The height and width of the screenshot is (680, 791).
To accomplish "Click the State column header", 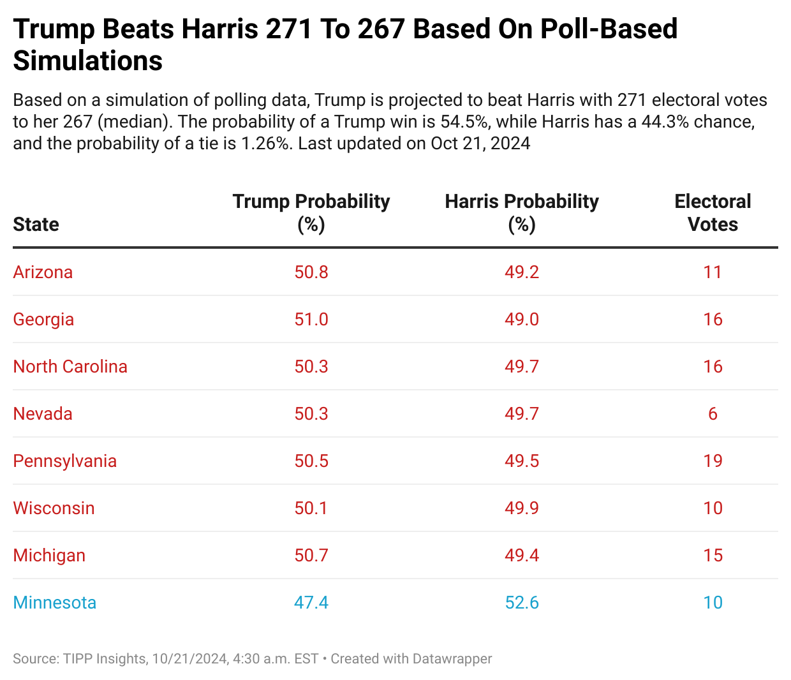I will coord(36,225).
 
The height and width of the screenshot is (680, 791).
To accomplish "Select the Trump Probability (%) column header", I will coord(311,212).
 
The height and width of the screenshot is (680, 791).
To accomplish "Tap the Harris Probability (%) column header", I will coord(522,212).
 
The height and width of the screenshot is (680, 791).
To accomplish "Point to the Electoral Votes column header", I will coord(713,212).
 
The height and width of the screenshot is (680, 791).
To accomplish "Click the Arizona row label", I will coord(43,272).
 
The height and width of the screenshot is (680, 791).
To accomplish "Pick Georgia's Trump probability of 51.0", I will coord(311,320).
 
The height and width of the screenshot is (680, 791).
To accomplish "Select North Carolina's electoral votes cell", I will coord(713,367).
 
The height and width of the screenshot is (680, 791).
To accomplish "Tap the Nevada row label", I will coord(43,414).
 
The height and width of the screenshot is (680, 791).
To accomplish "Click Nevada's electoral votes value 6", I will coord(713,414).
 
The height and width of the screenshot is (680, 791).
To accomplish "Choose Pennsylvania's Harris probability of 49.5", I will coord(522,461).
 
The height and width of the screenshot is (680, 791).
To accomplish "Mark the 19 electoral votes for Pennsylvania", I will coord(713,461).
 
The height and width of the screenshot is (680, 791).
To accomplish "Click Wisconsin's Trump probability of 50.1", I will coord(311,508).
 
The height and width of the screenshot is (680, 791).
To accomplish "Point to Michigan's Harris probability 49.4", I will coord(522,556).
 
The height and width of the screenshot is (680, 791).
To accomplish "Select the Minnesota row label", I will coord(55,603).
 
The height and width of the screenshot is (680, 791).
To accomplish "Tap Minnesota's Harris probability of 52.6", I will coord(522,603).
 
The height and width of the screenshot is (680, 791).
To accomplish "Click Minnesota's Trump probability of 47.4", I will coord(311,603).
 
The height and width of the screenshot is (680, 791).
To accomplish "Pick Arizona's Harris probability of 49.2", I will coord(522,272).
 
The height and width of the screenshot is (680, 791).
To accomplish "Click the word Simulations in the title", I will coord(88,61).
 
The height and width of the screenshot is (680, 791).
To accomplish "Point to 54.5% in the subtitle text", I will coord(464,122).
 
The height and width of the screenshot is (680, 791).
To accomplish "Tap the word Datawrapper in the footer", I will coord(452,659).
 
